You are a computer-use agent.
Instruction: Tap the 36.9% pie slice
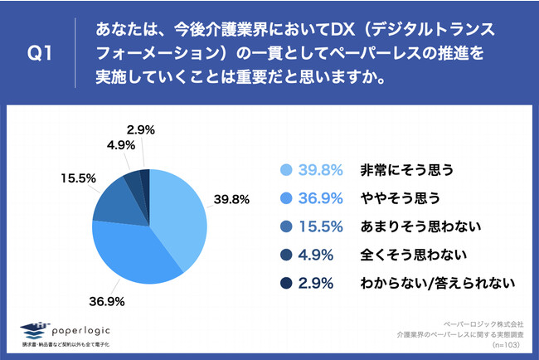click(133, 252)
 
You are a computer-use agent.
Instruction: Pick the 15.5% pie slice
click(113, 200)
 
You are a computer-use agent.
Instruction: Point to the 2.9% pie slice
click(144, 176)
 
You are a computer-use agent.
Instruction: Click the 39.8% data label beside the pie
click(230, 198)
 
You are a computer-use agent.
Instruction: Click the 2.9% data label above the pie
click(141, 131)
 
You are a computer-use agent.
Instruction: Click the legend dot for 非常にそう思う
click(286, 171)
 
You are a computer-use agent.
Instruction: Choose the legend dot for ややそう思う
click(286, 199)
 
